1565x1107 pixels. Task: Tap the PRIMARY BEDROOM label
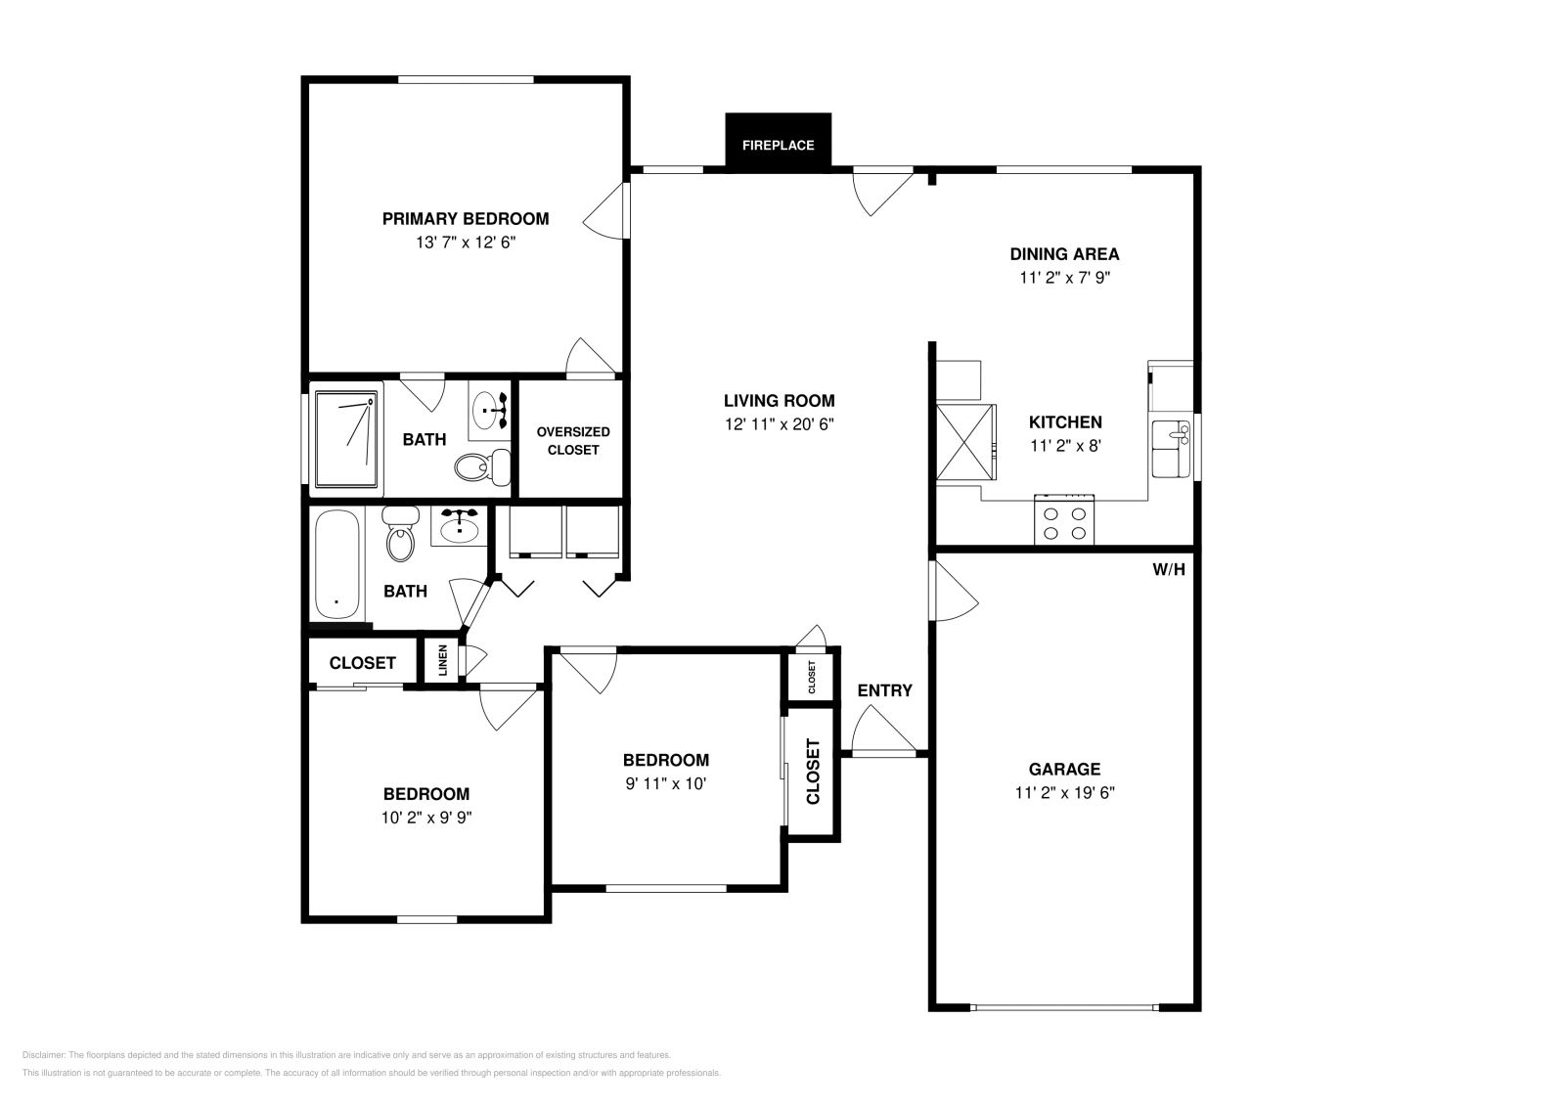pyautogui.click(x=465, y=219)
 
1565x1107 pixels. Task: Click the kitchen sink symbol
pyautogui.click(x=1169, y=449)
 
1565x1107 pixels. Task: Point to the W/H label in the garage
pyautogui.click(x=1168, y=569)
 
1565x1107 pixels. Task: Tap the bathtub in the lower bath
pyautogui.click(x=337, y=563)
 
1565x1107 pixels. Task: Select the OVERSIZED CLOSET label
pyautogui.click(x=572, y=440)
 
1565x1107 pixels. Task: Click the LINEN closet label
pyautogui.click(x=442, y=662)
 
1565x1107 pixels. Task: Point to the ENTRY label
pyautogui.click(x=884, y=690)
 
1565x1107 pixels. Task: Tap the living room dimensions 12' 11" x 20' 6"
pyautogui.click(x=779, y=423)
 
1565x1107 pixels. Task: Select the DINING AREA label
pyautogui.click(x=1064, y=254)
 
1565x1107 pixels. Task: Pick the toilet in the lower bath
pyautogui.click(x=400, y=536)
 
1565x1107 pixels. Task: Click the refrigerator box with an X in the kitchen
pyautogui.click(x=964, y=442)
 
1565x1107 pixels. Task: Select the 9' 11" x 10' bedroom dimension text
pyautogui.click(x=665, y=783)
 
